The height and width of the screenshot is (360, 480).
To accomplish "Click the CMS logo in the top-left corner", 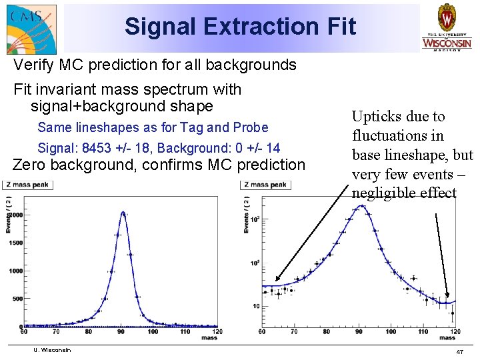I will (31, 28).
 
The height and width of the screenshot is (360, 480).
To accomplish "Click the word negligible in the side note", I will (381, 193).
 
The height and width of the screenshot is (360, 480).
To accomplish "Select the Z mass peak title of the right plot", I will (264, 184).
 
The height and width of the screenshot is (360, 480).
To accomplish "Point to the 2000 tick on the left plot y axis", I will (15, 216).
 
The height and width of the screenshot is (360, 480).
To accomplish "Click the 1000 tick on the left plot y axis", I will (15, 271).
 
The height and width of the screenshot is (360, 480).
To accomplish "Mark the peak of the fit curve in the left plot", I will (123, 212).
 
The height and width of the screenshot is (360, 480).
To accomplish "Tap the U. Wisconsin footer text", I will (51, 350).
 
